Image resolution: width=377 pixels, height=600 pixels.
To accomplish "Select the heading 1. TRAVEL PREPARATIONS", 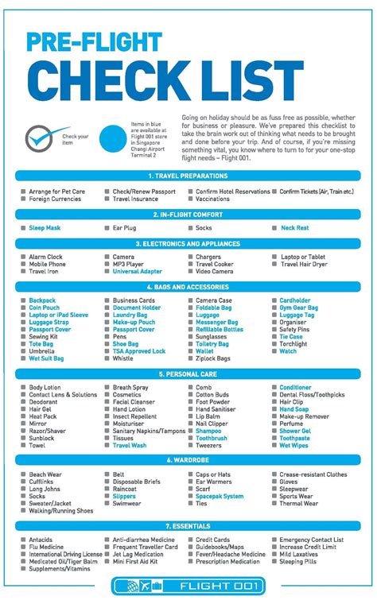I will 188,176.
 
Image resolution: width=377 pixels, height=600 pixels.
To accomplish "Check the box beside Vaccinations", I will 191,199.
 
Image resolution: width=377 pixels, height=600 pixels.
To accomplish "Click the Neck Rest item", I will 294,227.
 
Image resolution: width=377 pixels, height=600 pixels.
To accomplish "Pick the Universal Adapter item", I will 137,271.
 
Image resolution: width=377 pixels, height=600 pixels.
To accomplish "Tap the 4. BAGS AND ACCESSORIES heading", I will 188,286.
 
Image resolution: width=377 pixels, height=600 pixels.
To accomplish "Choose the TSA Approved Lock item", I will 138,350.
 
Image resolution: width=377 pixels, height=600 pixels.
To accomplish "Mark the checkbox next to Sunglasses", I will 191,336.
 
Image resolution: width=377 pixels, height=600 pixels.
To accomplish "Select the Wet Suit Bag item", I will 47,358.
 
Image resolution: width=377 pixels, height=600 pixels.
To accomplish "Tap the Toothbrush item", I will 212,438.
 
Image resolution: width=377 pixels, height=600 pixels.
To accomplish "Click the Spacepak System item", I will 220,496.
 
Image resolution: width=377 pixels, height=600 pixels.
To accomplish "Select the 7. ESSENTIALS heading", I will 188,526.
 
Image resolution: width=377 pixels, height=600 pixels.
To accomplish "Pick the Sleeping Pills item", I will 299,561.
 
